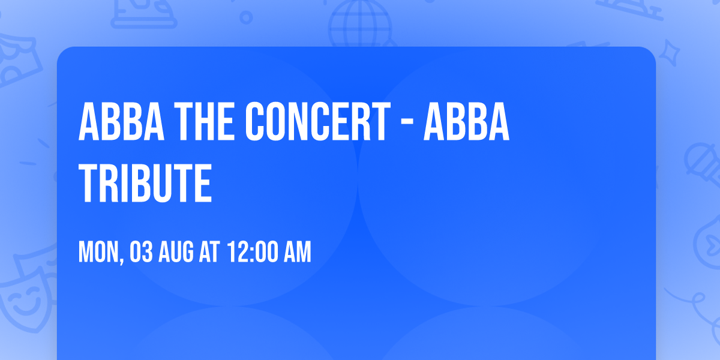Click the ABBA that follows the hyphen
point(466,122)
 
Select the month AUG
point(177,253)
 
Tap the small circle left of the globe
point(246,17)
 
